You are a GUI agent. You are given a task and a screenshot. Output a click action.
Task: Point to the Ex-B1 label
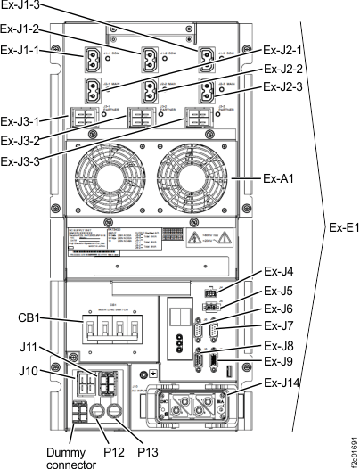coord(341,226)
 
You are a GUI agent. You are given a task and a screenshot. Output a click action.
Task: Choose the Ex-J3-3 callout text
coord(22,160)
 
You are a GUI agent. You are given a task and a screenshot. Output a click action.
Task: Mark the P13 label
coord(149,452)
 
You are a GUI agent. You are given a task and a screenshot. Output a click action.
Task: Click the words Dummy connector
coord(70,456)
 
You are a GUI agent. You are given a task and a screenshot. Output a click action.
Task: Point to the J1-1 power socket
coord(95,61)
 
